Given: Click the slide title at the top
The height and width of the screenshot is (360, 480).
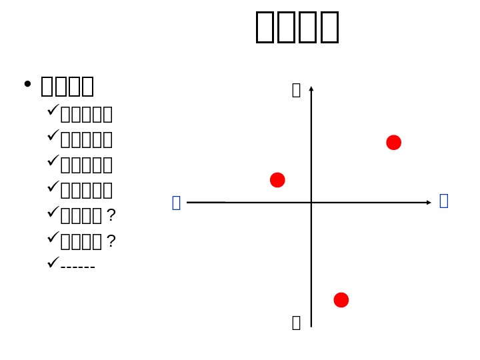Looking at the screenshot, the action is click(x=297, y=27).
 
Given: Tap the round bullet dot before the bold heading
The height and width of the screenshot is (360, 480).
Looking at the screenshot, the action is click(x=27, y=85).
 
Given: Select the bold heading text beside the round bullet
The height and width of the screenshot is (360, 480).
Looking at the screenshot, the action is click(x=67, y=86).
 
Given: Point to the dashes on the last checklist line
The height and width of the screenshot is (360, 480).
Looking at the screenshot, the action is click(x=78, y=267).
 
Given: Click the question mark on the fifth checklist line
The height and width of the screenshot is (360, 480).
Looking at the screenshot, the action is click(x=111, y=215).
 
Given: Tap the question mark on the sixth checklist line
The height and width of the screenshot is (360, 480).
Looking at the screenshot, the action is click(x=111, y=241).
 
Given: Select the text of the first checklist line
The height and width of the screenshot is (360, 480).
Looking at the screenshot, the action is click(x=86, y=115).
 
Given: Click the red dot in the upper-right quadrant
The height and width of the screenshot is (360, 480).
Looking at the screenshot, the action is click(x=393, y=143).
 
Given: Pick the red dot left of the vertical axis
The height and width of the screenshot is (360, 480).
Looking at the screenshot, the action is click(x=277, y=180).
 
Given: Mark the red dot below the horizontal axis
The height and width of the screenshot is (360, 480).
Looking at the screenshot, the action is click(x=341, y=300).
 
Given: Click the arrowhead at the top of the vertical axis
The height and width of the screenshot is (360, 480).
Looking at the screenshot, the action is click(x=311, y=89).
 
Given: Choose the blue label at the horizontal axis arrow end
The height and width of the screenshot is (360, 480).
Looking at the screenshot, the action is click(x=444, y=201).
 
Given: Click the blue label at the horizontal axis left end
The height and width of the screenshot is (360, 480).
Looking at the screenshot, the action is click(x=176, y=203).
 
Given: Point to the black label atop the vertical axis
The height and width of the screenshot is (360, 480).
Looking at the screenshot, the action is click(x=296, y=90).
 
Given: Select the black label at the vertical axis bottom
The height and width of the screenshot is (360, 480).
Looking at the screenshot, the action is click(x=296, y=323).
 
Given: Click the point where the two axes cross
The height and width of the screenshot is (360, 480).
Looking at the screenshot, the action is click(x=311, y=201).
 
